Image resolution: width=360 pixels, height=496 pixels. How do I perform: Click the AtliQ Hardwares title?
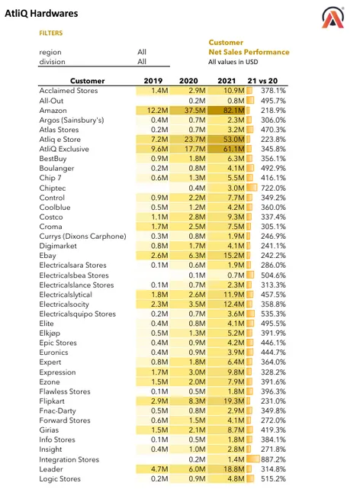(41, 14)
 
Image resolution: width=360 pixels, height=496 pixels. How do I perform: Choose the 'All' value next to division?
(142, 61)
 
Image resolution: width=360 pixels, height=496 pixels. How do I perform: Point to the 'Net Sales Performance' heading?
(249, 52)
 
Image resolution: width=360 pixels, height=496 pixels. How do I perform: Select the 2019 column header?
(155, 80)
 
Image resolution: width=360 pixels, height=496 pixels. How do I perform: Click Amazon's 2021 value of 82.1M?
(232, 111)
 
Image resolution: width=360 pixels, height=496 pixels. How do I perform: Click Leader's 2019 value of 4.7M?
(159, 469)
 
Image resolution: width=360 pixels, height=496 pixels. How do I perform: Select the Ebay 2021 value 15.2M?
(232, 256)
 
